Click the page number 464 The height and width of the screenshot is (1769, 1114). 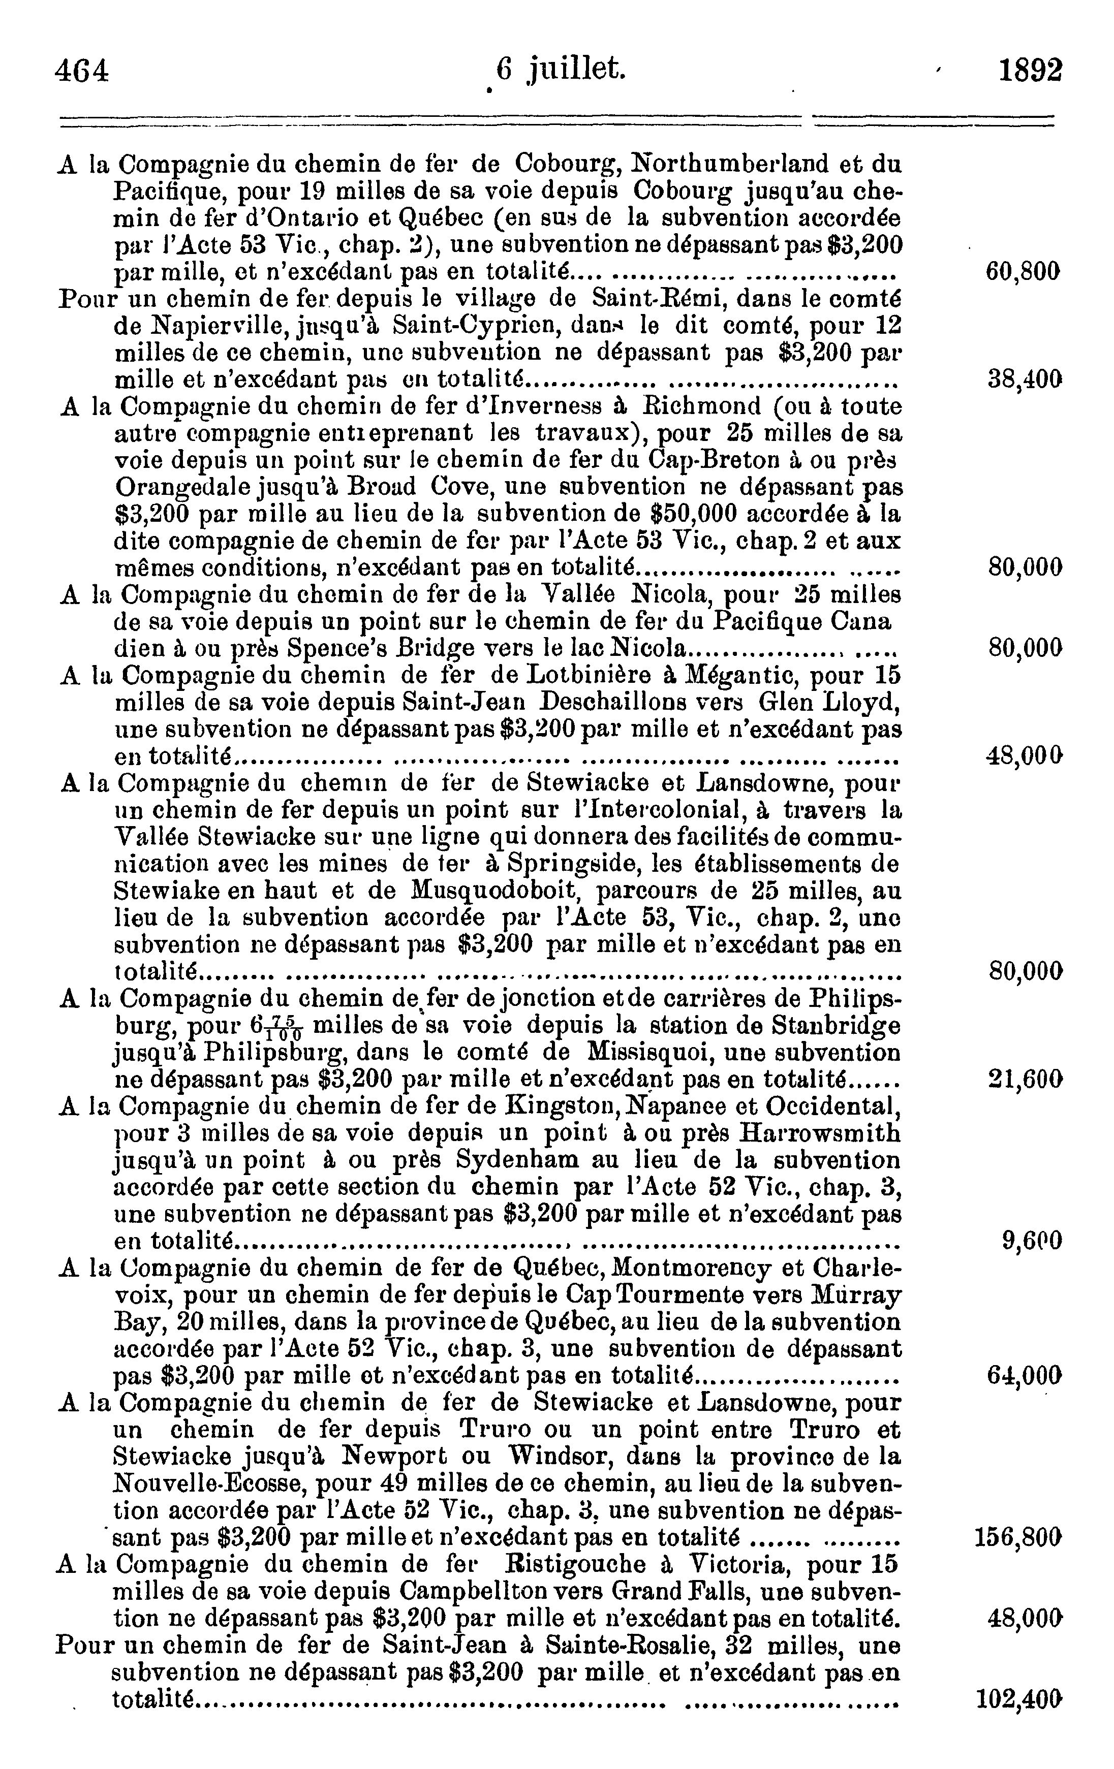click(x=82, y=71)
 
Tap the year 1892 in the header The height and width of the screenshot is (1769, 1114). click(x=1030, y=71)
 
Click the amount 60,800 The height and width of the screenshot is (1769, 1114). click(x=1023, y=272)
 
